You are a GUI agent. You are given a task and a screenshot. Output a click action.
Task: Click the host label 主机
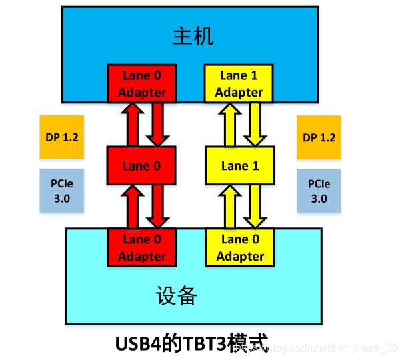click(x=192, y=36)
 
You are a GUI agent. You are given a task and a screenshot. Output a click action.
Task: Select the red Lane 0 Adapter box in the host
click(x=141, y=83)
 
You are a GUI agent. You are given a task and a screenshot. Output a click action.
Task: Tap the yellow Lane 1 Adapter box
click(x=239, y=83)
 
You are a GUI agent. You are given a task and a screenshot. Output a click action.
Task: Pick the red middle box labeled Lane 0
click(x=141, y=166)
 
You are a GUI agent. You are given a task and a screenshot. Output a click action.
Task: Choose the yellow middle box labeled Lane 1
click(x=239, y=166)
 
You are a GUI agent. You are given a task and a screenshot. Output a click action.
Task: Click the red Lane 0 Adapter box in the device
click(x=141, y=247)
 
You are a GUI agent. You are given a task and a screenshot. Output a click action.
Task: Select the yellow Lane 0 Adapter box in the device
click(x=240, y=247)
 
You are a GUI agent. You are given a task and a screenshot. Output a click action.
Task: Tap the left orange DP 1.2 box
click(x=61, y=137)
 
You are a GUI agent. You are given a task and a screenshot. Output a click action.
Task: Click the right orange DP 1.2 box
click(x=319, y=137)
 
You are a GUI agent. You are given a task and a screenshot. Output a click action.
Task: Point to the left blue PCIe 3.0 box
click(x=61, y=191)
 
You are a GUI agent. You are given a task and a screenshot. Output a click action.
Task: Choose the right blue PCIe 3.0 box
click(x=319, y=191)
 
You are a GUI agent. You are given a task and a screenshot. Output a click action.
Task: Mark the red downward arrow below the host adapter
click(x=157, y=125)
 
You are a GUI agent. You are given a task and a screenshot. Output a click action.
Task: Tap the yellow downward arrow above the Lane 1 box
click(x=253, y=125)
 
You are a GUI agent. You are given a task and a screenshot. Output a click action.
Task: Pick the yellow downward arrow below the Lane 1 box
click(x=253, y=207)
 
